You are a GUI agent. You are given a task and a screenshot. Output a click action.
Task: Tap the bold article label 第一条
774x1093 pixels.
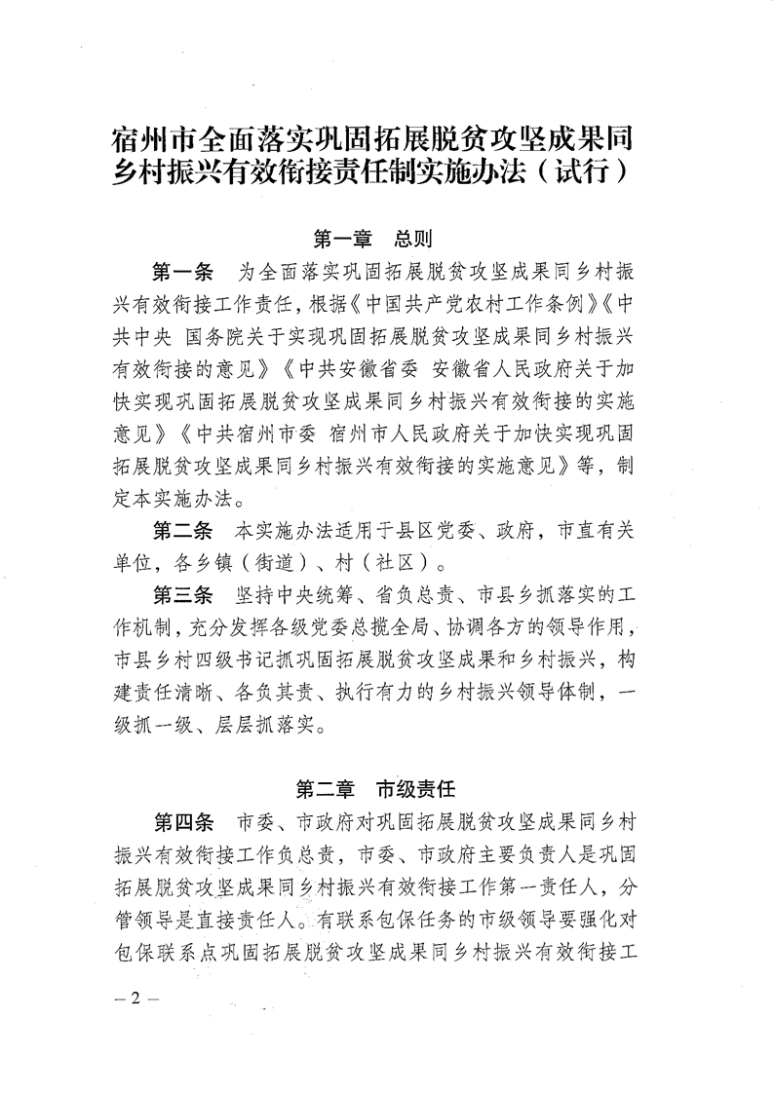pos(182,268)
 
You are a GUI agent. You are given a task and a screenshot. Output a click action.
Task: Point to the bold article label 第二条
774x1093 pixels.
pos(182,533)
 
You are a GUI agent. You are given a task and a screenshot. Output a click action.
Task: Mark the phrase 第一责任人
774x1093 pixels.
pos(539,880)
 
